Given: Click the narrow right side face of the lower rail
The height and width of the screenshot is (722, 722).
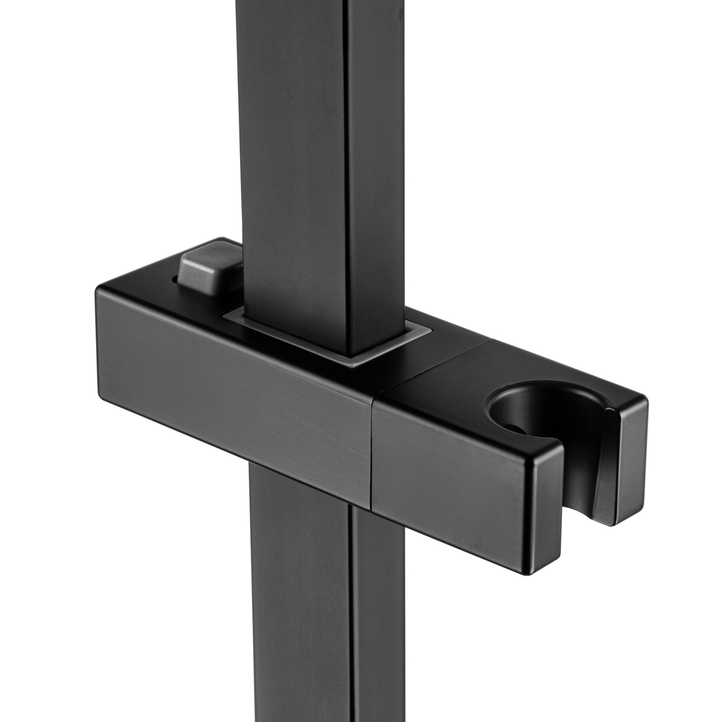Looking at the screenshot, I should tap(378, 617).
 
